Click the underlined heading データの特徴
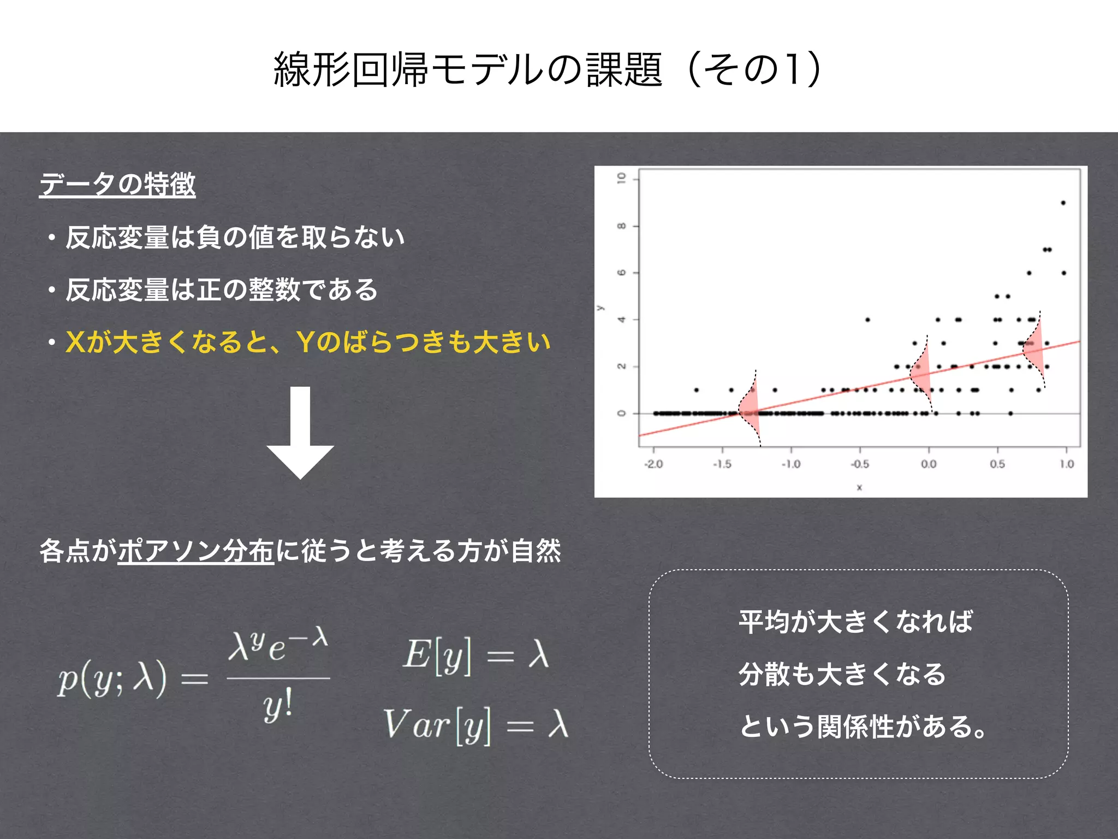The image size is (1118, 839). [117, 184]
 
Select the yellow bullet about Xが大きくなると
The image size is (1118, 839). [308, 342]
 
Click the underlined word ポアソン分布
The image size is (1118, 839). [195, 551]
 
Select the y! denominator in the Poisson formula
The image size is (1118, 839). [278, 706]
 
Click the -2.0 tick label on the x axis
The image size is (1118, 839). [653, 464]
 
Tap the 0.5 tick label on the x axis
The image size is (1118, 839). [997, 464]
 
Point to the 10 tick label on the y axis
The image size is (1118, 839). [621, 178]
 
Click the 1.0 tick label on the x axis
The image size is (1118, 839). [1067, 464]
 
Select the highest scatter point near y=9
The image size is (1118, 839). [1063, 203]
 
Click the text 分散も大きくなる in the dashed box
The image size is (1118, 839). [842, 674]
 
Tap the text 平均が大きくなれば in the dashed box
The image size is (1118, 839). [855, 622]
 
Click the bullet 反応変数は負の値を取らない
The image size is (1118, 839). [235, 238]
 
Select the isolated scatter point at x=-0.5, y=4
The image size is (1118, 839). [867, 320]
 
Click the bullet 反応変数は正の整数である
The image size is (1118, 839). [221, 290]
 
